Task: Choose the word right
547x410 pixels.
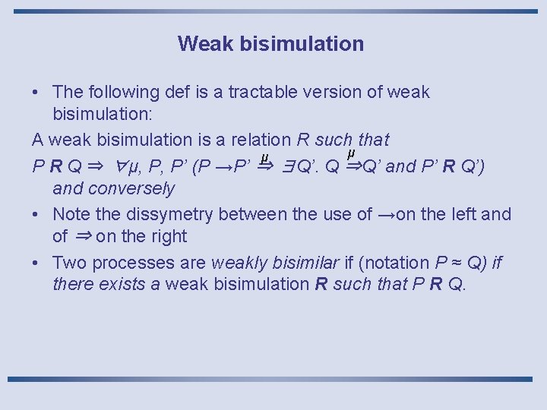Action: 163,237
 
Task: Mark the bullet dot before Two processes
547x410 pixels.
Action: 36,263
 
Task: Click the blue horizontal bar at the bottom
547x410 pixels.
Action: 273,378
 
